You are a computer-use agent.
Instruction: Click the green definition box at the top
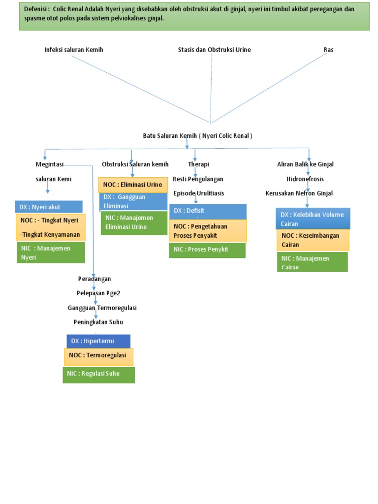click(x=194, y=16)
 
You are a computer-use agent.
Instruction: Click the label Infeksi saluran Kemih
click(x=74, y=50)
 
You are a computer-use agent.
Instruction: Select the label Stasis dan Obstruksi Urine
click(x=214, y=50)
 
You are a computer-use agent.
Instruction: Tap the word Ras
click(x=328, y=50)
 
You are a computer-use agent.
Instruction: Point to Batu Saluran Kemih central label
click(x=197, y=135)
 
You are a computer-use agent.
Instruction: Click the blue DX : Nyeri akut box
click(x=48, y=207)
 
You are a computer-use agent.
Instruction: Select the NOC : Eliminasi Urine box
click(x=132, y=185)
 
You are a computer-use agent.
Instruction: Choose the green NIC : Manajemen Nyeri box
click(x=51, y=252)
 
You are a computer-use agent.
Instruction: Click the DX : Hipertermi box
click(x=98, y=341)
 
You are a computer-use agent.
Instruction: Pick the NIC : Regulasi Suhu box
click(x=98, y=375)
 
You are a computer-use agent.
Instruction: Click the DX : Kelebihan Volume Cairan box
click(x=313, y=219)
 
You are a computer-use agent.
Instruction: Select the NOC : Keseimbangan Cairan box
click(x=313, y=240)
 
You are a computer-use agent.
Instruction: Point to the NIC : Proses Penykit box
click(x=207, y=250)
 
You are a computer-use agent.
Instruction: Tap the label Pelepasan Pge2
click(x=98, y=293)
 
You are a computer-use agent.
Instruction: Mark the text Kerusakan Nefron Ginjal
click(x=299, y=193)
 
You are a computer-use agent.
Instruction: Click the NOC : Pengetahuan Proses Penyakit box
click(x=207, y=231)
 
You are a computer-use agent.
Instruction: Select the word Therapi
click(x=198, y=164)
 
